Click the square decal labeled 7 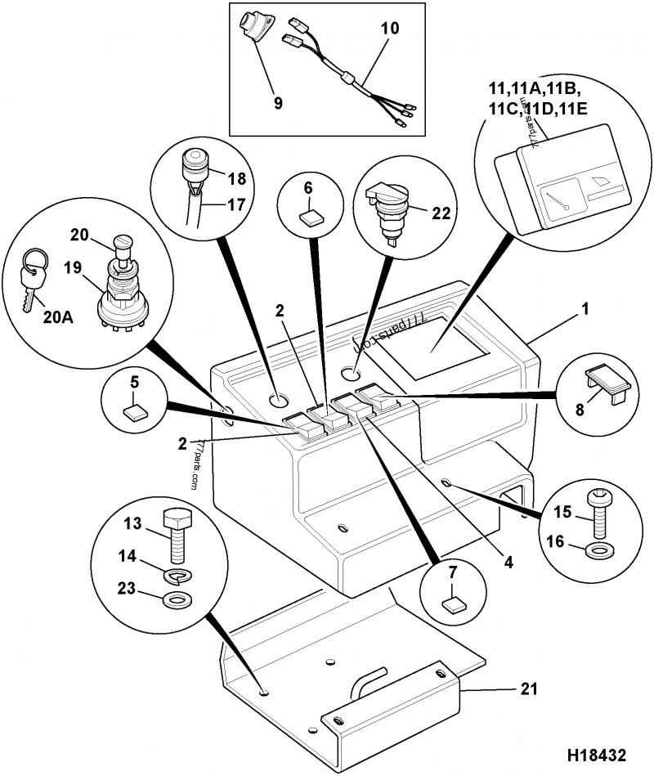click(x=452, y=605)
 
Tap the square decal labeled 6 click(x=310, y=218)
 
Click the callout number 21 click(x=529, y=689)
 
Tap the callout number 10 click(x=391, y=28)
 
